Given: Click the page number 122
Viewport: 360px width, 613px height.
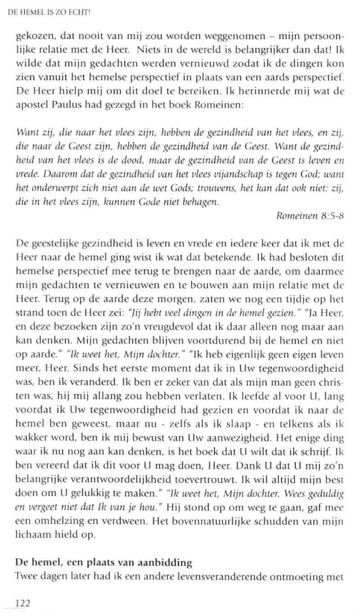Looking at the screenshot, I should [22, 604].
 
